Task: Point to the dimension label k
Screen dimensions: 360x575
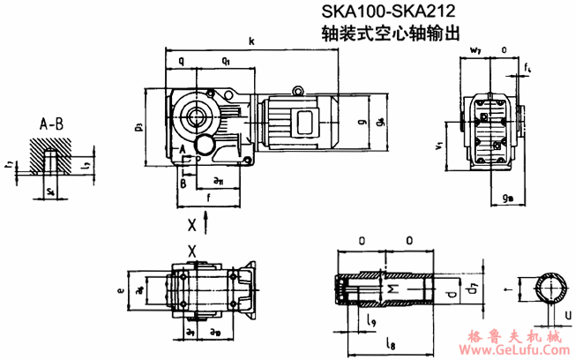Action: (x=252, y=41)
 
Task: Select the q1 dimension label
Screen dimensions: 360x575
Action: (x=227, y=62)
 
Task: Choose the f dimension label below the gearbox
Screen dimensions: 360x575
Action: (x=208, y=200)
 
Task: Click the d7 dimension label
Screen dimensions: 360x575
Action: (x=474, y=289)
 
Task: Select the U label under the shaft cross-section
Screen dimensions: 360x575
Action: (x=567, y=313)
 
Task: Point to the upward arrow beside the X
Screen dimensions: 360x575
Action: (x=206, y=224)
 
